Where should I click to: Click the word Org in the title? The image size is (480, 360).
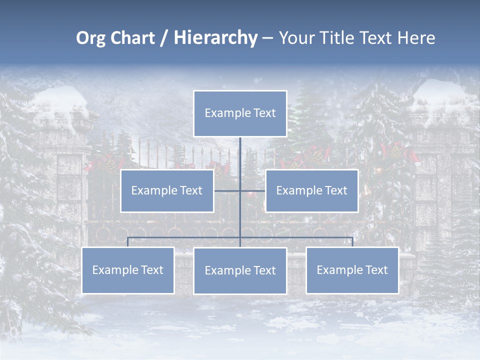click(x=90, y=38)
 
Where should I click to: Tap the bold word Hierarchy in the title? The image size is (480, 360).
click(x=215, y=38)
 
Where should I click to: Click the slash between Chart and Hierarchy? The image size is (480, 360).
click(x=164, y=38)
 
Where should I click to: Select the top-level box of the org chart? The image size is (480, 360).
click(x=240, y=113)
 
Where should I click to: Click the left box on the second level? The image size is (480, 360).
click(x=167, y=191)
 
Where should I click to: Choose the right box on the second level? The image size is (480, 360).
click(x=311, y=191)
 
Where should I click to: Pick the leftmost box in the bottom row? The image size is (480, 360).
click(x=128, y=270)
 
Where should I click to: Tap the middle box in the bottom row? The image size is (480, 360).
click(x=240, y=271)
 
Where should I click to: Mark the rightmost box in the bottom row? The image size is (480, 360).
click(x=352, y=270)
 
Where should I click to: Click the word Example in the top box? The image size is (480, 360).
click(x=223, y=113)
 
